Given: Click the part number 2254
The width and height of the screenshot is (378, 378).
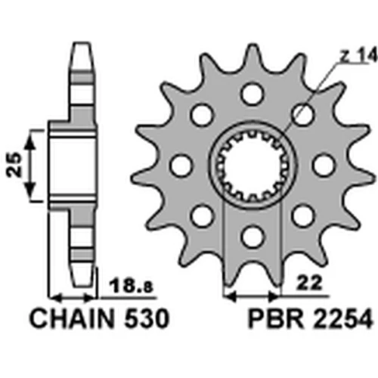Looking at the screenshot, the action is pos(341,318).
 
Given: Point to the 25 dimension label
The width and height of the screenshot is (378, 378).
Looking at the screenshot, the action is pos(14,165).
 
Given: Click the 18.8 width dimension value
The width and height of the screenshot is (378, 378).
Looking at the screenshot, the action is pos(131,285).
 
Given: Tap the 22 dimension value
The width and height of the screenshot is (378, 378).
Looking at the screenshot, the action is pos(310,283).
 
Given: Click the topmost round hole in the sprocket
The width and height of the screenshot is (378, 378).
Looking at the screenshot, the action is pos(252,94).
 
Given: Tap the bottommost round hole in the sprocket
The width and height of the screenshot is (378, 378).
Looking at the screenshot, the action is pos(252,237).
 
